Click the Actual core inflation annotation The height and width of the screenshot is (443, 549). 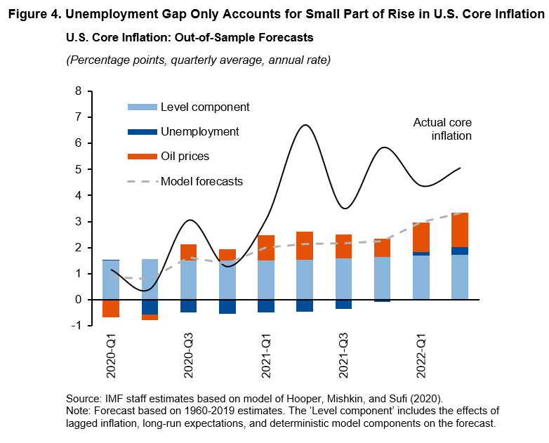[442, 129]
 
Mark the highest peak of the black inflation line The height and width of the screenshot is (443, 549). [305, 126]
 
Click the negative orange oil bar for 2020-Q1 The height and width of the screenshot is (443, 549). [111, 308]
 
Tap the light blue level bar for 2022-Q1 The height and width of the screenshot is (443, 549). [421, 277]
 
